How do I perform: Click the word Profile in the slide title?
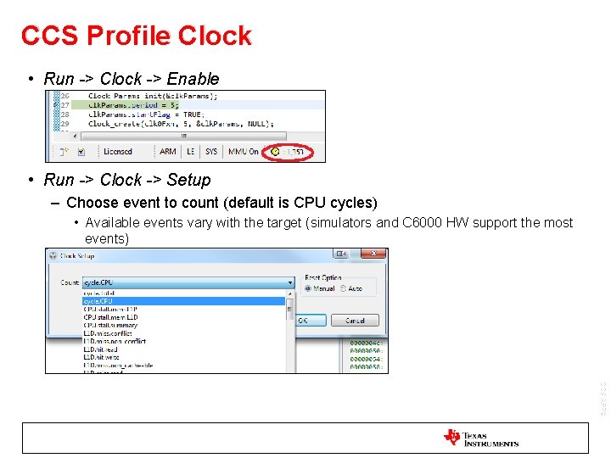point(134,36)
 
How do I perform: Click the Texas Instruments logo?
point(480,438)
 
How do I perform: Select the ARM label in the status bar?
point(168,152)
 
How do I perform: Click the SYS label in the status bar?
point(211,152)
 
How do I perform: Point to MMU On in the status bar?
point(243,152)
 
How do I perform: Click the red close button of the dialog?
point(373,254)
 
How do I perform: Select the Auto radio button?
point(344,288)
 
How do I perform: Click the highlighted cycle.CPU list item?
point(98,301)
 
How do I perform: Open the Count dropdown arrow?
point(289,282)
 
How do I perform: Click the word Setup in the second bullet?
point(188,180)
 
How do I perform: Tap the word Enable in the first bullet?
point(193,79)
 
